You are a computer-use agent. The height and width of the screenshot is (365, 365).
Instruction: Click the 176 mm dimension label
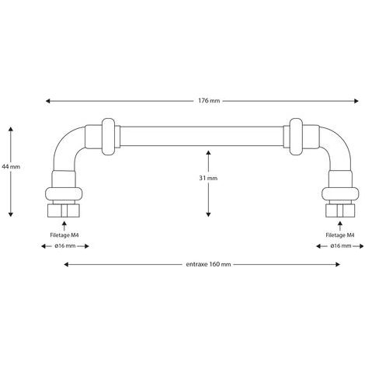(209, 101)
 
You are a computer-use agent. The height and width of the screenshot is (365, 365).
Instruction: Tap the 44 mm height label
(11, 167)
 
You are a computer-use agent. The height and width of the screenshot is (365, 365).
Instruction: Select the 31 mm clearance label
(208, 178)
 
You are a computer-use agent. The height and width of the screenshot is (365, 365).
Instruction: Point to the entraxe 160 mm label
(208, 264)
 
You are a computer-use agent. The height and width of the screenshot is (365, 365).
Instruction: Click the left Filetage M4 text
(64, 235)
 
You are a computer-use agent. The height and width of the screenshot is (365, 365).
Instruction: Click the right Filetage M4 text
(340, 235)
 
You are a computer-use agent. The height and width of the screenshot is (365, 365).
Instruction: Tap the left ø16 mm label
(65, 246)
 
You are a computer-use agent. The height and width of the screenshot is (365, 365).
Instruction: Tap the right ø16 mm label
(341, 246)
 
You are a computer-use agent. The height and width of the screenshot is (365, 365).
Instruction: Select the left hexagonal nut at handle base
(64, 210)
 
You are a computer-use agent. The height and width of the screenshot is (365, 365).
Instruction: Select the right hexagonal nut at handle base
(340, 210)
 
